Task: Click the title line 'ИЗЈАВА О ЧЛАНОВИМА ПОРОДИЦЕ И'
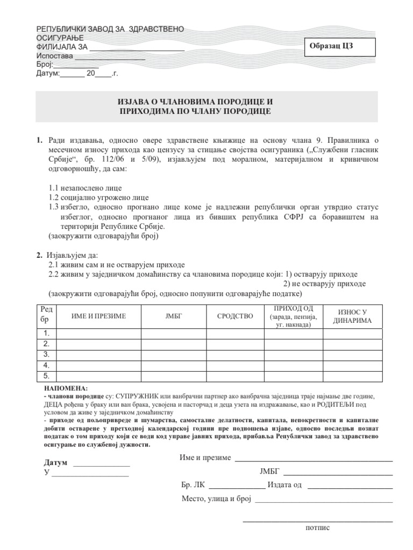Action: pyautogui.click(x=206, y=102)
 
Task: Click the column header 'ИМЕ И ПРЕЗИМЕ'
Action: pyautogui.click(x=98, y=316)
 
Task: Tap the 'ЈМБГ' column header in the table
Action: pyautogui.click(x=174, y=316)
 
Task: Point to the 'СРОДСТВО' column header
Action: pyautogui.click(x=234, y=316)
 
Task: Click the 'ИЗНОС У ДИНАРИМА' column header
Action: pyautogui.click(x=352, y=316)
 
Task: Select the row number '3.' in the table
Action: pyautogui.click(x=46, y=354)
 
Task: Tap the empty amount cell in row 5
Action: pyautogui.click(x=352, y=375)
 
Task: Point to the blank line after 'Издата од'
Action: pyautogui.click(x=349, y=487)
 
